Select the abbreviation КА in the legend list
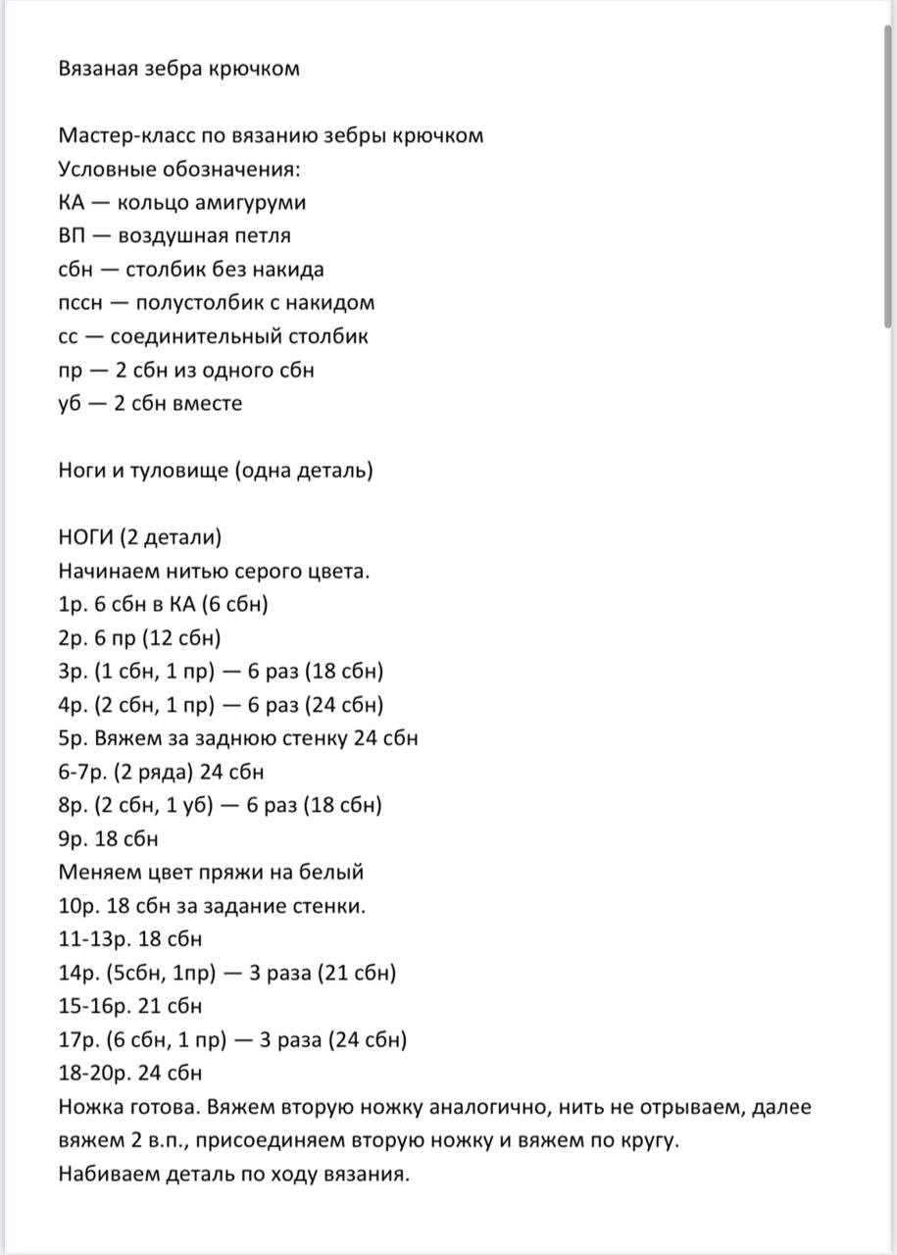pyautogui.click(x=72, y=203)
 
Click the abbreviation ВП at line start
pyautogui.click(x=73, y=236)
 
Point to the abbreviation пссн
pyautogui.click(x=78, y=303)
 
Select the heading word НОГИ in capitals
pyautogui.click(x=85, y=538)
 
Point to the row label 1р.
pyautogui.click(x=72, y=605)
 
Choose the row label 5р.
pyautogui.click(x=73, y=738)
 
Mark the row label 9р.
pyautogui.click(x=73, y=839)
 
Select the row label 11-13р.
pyautogui.click(x=92, y=939)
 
